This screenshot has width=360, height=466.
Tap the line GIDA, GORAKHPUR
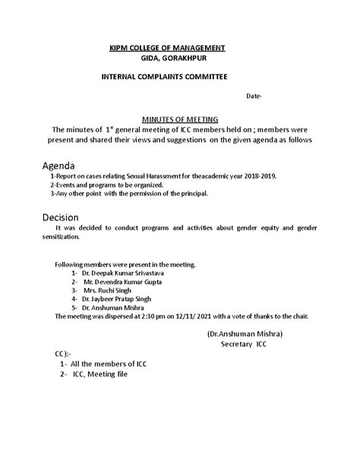click(x=174, y=58)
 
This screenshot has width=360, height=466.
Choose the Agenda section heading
click(x=58, y=164)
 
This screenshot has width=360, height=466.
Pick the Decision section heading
click(x=62, y=217)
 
